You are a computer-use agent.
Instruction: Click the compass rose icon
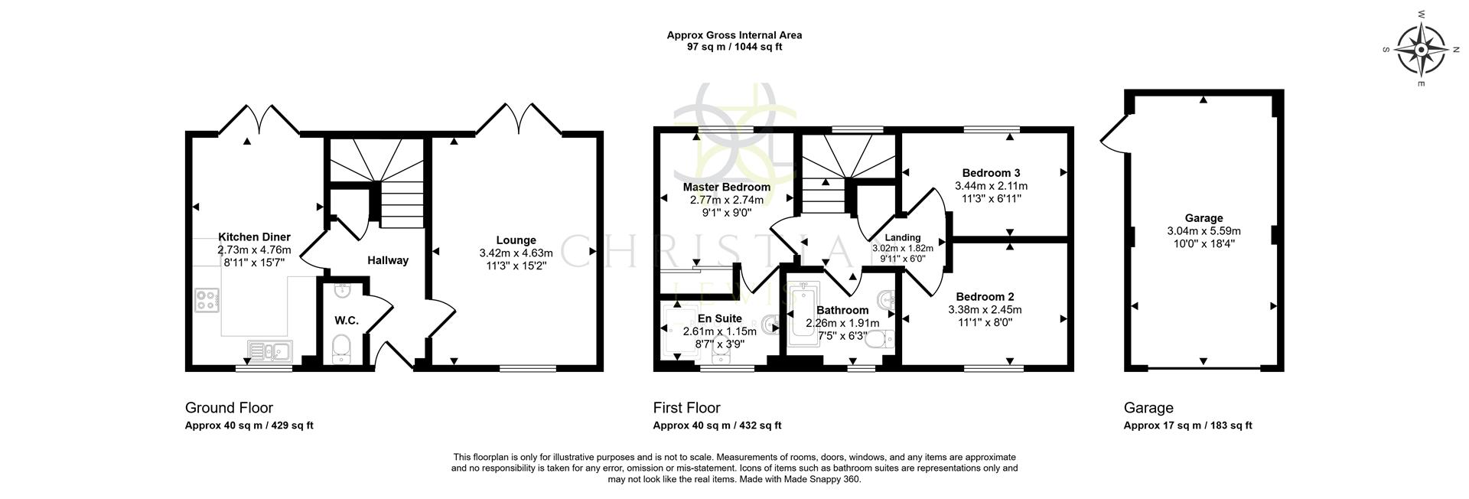pyautogui.click(x=1420, y=50)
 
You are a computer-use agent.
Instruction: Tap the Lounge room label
pyautogui.click(x=516, y=240)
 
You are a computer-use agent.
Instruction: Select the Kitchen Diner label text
pyautogui.click(x=254, y=237)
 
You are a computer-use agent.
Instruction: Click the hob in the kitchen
pyautogui.click(x=207, y=299)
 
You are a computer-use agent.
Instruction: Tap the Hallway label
pyautogui.click(x=387, y=260)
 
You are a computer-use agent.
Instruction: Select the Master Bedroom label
pyautogui.click(x=726, y=187)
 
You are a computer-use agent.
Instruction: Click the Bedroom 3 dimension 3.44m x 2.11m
pyautogui.click(x=991, y=186)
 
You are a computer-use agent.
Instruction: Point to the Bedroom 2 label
pyautogui.click(x=985, y=297)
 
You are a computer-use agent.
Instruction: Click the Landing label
pyautogui.click(x=903, y=237)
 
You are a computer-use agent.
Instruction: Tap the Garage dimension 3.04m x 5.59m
pyautogui.click(x=1204, y=231)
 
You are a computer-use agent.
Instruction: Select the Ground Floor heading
pyautogui.click(x=229, y=408)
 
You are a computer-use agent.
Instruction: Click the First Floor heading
pyautogui.click(x=686, y=408)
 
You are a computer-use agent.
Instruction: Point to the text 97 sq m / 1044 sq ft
pyautogui.click(x=734, y=47)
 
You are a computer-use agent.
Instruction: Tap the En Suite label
pyautogui.click(x=719, y=318)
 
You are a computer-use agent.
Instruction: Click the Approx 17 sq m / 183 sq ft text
pyautogui.click(x=1187, y=426)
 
